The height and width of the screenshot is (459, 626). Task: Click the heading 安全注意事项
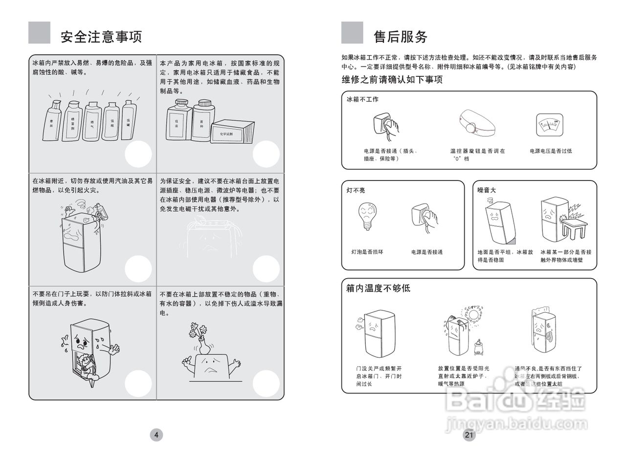[x=101, y=37]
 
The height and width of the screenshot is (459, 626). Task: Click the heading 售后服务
[x=400, y=37]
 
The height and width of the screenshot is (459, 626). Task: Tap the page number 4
[x=156, y=435]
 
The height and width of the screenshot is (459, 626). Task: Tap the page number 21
[x=469, y=435]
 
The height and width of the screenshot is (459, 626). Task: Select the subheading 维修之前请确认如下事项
[x=392, y=80]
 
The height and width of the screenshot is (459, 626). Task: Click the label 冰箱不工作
[x=362, y=99]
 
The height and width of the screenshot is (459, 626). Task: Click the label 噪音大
[x=487, y=190]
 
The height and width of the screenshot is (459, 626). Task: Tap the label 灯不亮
[x=356, y=190]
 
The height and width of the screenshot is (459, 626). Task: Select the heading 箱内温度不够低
[x=378, y=288]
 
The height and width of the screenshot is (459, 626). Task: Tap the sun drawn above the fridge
[x=474, y=314]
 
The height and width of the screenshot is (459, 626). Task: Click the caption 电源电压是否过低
[x=551, y=151]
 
